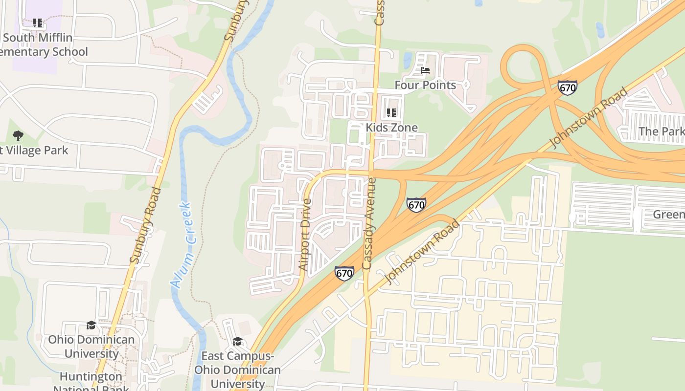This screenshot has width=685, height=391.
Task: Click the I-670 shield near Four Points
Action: pos(567,87)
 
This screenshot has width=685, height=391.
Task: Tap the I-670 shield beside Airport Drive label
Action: pos(344,273)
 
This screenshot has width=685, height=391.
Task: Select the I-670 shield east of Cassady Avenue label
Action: pos(416,204)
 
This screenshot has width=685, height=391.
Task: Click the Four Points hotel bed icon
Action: pos(425,71)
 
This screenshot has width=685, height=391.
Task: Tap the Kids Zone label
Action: pos(391,128)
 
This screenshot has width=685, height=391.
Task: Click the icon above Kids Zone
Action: pos(391,113)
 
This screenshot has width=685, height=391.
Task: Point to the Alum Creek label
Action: pos(182,244)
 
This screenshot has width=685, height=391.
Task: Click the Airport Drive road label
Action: pos(305,235)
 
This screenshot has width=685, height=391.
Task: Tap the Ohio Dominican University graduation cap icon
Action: pos(91,325)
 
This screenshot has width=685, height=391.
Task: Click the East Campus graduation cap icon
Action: pos(237,341)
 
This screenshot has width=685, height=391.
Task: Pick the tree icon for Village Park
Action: pos(18,135)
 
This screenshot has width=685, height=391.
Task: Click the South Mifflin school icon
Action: pos(38,22)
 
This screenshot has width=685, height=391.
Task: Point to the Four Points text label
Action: pos(425,85)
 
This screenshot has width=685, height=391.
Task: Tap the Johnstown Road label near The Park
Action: pos(589,117)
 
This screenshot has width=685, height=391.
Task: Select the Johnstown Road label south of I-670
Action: pos(422,252)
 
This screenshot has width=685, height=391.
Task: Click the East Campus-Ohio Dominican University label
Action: pos(237,369)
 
